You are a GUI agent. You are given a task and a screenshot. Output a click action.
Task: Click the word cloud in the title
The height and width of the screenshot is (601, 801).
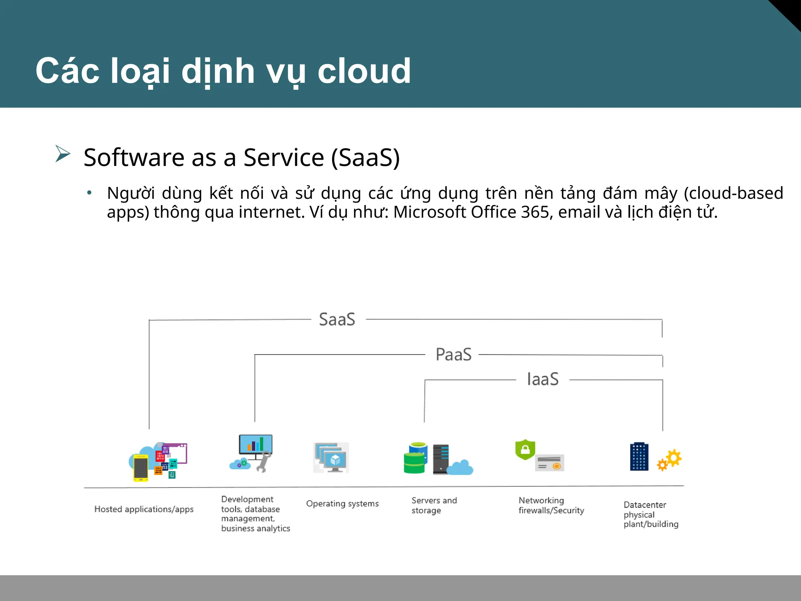[364, 71]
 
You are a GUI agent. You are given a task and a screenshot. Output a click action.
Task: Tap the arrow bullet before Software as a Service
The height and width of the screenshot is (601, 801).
[63, 153]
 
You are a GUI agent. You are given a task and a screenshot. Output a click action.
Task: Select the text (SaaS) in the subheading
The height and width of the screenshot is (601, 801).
[365, 158]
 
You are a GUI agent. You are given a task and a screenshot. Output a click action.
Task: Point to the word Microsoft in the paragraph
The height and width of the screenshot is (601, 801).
[429, 212]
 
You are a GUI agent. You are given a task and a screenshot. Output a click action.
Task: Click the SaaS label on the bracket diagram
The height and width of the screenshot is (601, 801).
[337, 319]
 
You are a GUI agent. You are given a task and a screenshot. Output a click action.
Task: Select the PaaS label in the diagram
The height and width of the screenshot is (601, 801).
[453, 354]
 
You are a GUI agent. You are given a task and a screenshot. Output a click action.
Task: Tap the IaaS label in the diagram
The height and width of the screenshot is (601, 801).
[542, 379]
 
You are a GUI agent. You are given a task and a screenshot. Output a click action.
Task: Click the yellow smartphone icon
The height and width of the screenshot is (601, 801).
[140, 468]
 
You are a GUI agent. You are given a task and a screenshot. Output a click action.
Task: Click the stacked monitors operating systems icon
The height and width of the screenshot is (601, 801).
[331, 458]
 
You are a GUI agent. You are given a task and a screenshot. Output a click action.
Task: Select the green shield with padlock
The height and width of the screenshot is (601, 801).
[525, 450]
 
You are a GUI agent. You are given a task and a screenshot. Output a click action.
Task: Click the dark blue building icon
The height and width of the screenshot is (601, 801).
[639, 457]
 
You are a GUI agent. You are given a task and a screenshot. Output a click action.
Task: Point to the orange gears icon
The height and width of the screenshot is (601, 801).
[670, 460]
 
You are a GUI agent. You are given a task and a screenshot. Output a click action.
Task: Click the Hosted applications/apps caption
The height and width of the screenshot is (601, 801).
[144, 509]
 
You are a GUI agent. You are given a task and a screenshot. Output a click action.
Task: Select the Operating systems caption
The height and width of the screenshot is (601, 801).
[342, 504]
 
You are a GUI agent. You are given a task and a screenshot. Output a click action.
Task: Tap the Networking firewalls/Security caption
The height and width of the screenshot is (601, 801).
[551, 505]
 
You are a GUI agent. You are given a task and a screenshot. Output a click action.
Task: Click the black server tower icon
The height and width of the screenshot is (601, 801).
[441, 459]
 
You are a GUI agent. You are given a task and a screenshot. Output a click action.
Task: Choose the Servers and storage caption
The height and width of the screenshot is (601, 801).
[433, 505]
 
